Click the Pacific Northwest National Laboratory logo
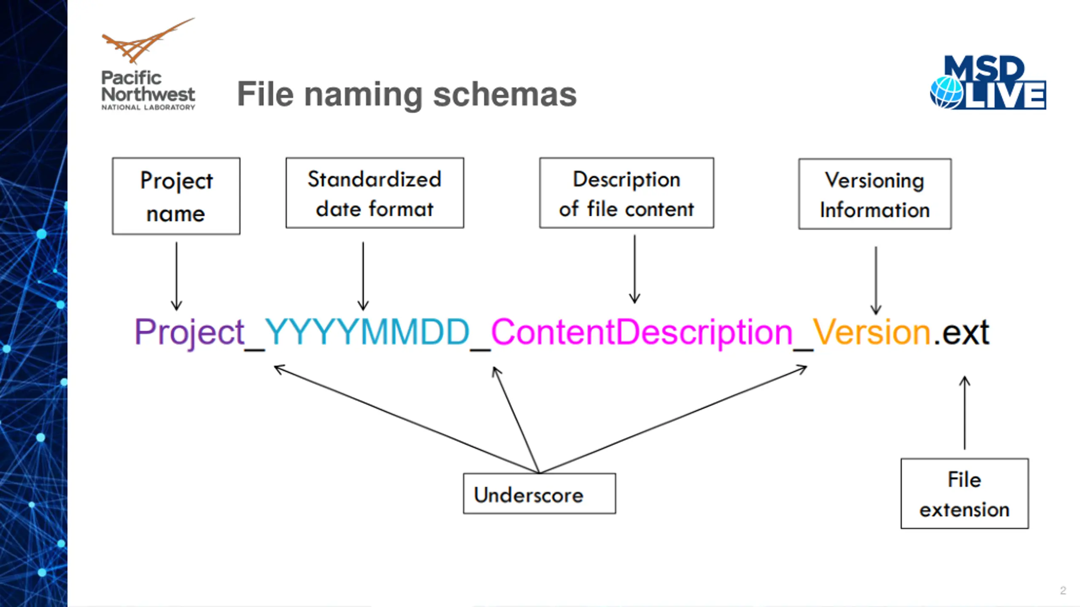148,64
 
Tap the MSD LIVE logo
988,82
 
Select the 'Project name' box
176,196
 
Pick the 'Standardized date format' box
375,193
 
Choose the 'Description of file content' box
626,193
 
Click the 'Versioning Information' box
875,194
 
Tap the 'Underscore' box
539,494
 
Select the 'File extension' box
964,494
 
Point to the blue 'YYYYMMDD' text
367,332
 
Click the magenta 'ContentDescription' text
642,333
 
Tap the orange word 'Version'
872,332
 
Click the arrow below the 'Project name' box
176,276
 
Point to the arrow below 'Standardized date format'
363,276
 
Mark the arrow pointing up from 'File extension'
964,413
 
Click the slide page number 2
1063,591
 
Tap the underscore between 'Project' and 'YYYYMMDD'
255,349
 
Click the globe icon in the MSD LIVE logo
946,93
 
